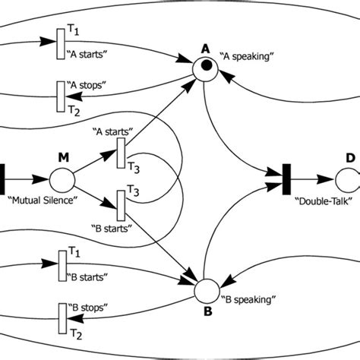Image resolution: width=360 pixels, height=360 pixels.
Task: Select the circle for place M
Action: (x=62, y=182)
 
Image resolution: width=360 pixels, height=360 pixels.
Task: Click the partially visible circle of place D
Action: (x=346, y=182)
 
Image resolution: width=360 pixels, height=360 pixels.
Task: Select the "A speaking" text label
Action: (x=245, y=55)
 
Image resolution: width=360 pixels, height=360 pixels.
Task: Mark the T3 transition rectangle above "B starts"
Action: (x=119, y=203)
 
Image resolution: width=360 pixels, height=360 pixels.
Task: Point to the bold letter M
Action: (x=63, y=157)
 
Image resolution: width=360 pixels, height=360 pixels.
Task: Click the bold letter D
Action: (x=349, y=157)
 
